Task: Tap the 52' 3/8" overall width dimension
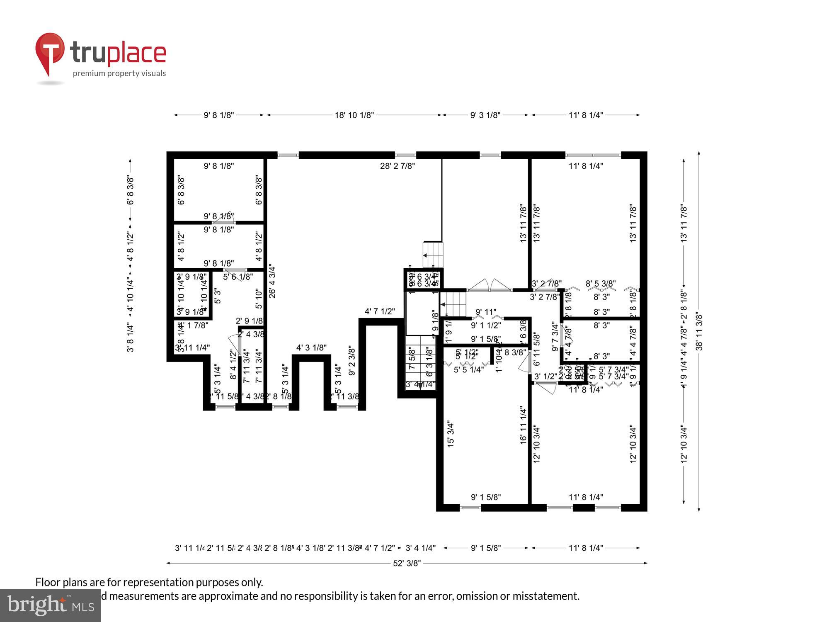[x=407, y=563]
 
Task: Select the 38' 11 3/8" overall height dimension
[x=699, y=332]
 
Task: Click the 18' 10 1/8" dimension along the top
[x=354, y=115]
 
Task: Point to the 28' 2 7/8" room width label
[x=398, y=166]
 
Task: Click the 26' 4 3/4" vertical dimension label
[x=272, y=282]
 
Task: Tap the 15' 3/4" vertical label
[x=451, y=434]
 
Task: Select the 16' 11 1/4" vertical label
[x=523, y=425]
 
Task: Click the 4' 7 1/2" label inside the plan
[x=380, y=311]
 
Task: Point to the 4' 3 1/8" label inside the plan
[x=311, y=348]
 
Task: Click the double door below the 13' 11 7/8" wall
[x=490, y=285]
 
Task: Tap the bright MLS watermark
[x=50, y=605]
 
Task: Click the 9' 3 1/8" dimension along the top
[x=485, y=115]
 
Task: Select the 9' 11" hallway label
[x=485, y=312]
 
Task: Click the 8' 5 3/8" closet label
[x=600, y=284]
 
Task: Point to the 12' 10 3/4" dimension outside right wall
[x=684, y=444]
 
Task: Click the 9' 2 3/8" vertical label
[x=352, y=361]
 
